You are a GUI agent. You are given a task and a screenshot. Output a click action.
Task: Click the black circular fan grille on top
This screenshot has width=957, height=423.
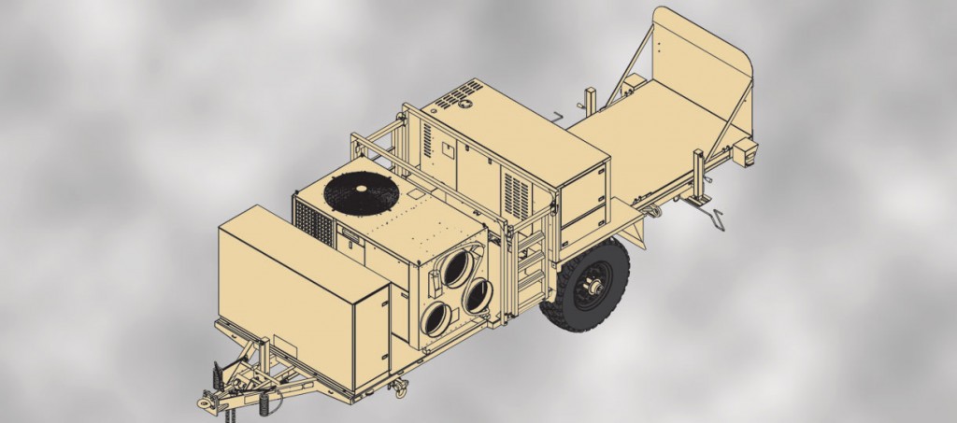361,190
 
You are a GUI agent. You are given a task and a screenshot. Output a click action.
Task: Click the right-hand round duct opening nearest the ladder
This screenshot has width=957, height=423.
478,295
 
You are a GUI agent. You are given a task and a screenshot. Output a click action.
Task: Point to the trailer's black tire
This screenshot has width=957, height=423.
587,285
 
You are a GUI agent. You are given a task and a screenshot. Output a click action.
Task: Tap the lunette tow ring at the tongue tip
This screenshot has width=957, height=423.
207,402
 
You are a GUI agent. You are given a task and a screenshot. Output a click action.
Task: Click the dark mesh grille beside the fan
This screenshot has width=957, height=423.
313,222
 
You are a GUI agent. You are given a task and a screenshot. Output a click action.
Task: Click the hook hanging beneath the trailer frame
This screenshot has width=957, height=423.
399,385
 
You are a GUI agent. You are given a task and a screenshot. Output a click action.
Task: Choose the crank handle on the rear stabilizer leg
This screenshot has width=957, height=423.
715,219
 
